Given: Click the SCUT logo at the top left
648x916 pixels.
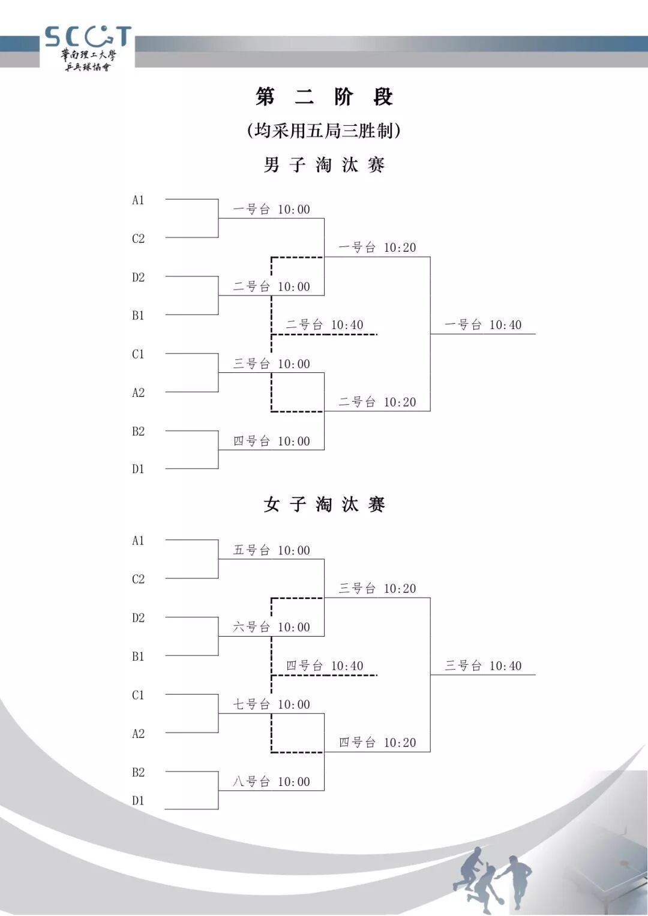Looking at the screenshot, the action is click(x=88, y=48).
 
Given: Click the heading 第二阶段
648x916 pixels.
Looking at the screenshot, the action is click(x=324, y=97).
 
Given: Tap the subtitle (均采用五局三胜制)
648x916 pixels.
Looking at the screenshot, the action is click(x=323, y=131).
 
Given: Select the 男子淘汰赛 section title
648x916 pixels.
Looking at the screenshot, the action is click(x=324, y=165).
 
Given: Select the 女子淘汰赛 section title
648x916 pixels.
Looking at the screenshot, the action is click(x=324, y=505).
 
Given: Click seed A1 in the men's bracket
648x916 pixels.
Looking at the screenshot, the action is click(x=138, y=200).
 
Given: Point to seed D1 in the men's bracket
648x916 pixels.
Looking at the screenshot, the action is click(x=138, y=469).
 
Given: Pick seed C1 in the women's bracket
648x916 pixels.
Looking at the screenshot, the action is click(x=138, y=695).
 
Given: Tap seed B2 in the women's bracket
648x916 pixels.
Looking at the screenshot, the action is click(x=138, y=772).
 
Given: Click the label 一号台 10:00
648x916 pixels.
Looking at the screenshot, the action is click(x=271, y=209).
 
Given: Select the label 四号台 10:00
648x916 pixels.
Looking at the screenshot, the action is click(x=271, y=441).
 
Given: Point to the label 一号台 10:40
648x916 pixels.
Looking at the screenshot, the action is click(x=483, y=325).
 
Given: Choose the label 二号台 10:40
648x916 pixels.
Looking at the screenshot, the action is click(x=325, y=325).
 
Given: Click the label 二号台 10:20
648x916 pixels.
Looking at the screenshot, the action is click(x=377, y=402).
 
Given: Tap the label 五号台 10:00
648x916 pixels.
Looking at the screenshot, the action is click(x=271, y=550).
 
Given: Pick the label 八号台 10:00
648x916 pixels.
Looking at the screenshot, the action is click(x=271, y=782).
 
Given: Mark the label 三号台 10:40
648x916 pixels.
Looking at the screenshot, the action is click(x=483, y=665).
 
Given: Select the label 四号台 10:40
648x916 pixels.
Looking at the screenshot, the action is click(x=325, y=665).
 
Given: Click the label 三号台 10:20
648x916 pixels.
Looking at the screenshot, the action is click(x=377, y=589).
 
